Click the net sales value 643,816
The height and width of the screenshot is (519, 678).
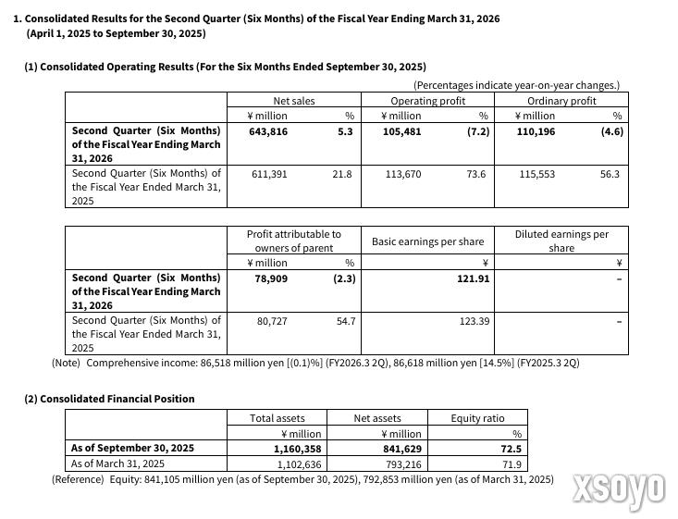pos(269,131)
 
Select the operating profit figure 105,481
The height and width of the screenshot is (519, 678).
pos(402,131)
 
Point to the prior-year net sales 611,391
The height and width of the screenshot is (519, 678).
pos(269,173)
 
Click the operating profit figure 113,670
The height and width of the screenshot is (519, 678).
pos(402,173)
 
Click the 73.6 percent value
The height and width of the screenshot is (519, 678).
pos(475,173)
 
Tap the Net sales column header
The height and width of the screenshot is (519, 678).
pos(293,101)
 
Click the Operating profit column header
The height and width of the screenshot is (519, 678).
pos(427,101)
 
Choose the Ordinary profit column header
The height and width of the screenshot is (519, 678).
pos(561,101)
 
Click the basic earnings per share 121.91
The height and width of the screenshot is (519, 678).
pos(473,278)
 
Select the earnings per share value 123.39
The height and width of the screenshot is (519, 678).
pos(475,320)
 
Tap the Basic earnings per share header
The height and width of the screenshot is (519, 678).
pos(427,241)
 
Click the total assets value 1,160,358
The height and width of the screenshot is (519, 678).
pos(298,449)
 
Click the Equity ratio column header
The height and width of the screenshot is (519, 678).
pos(477,418)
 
